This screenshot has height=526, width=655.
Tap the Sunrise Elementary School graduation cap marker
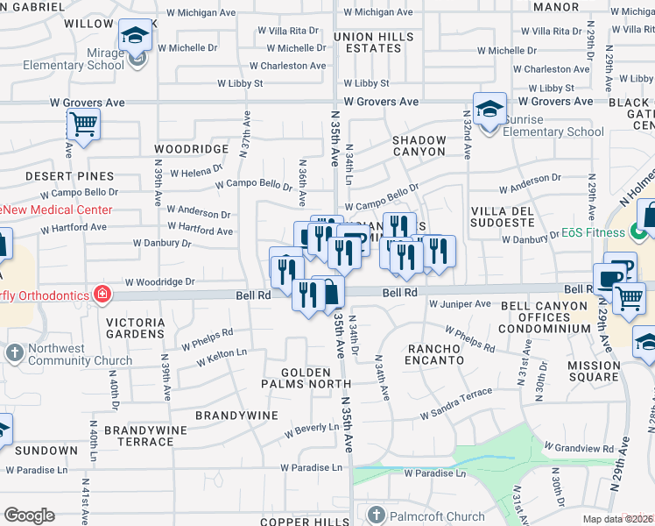tap(489, 110)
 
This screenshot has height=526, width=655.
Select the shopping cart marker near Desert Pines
tap(83, 124)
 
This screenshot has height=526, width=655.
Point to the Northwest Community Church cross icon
tap(13, 353)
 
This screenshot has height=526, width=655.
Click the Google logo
tap(29, 515)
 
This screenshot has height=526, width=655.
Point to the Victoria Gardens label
tap(135, 328)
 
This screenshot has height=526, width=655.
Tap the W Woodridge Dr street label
tap(158, 282)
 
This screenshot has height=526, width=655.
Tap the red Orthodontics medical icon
tap(102, 293)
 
